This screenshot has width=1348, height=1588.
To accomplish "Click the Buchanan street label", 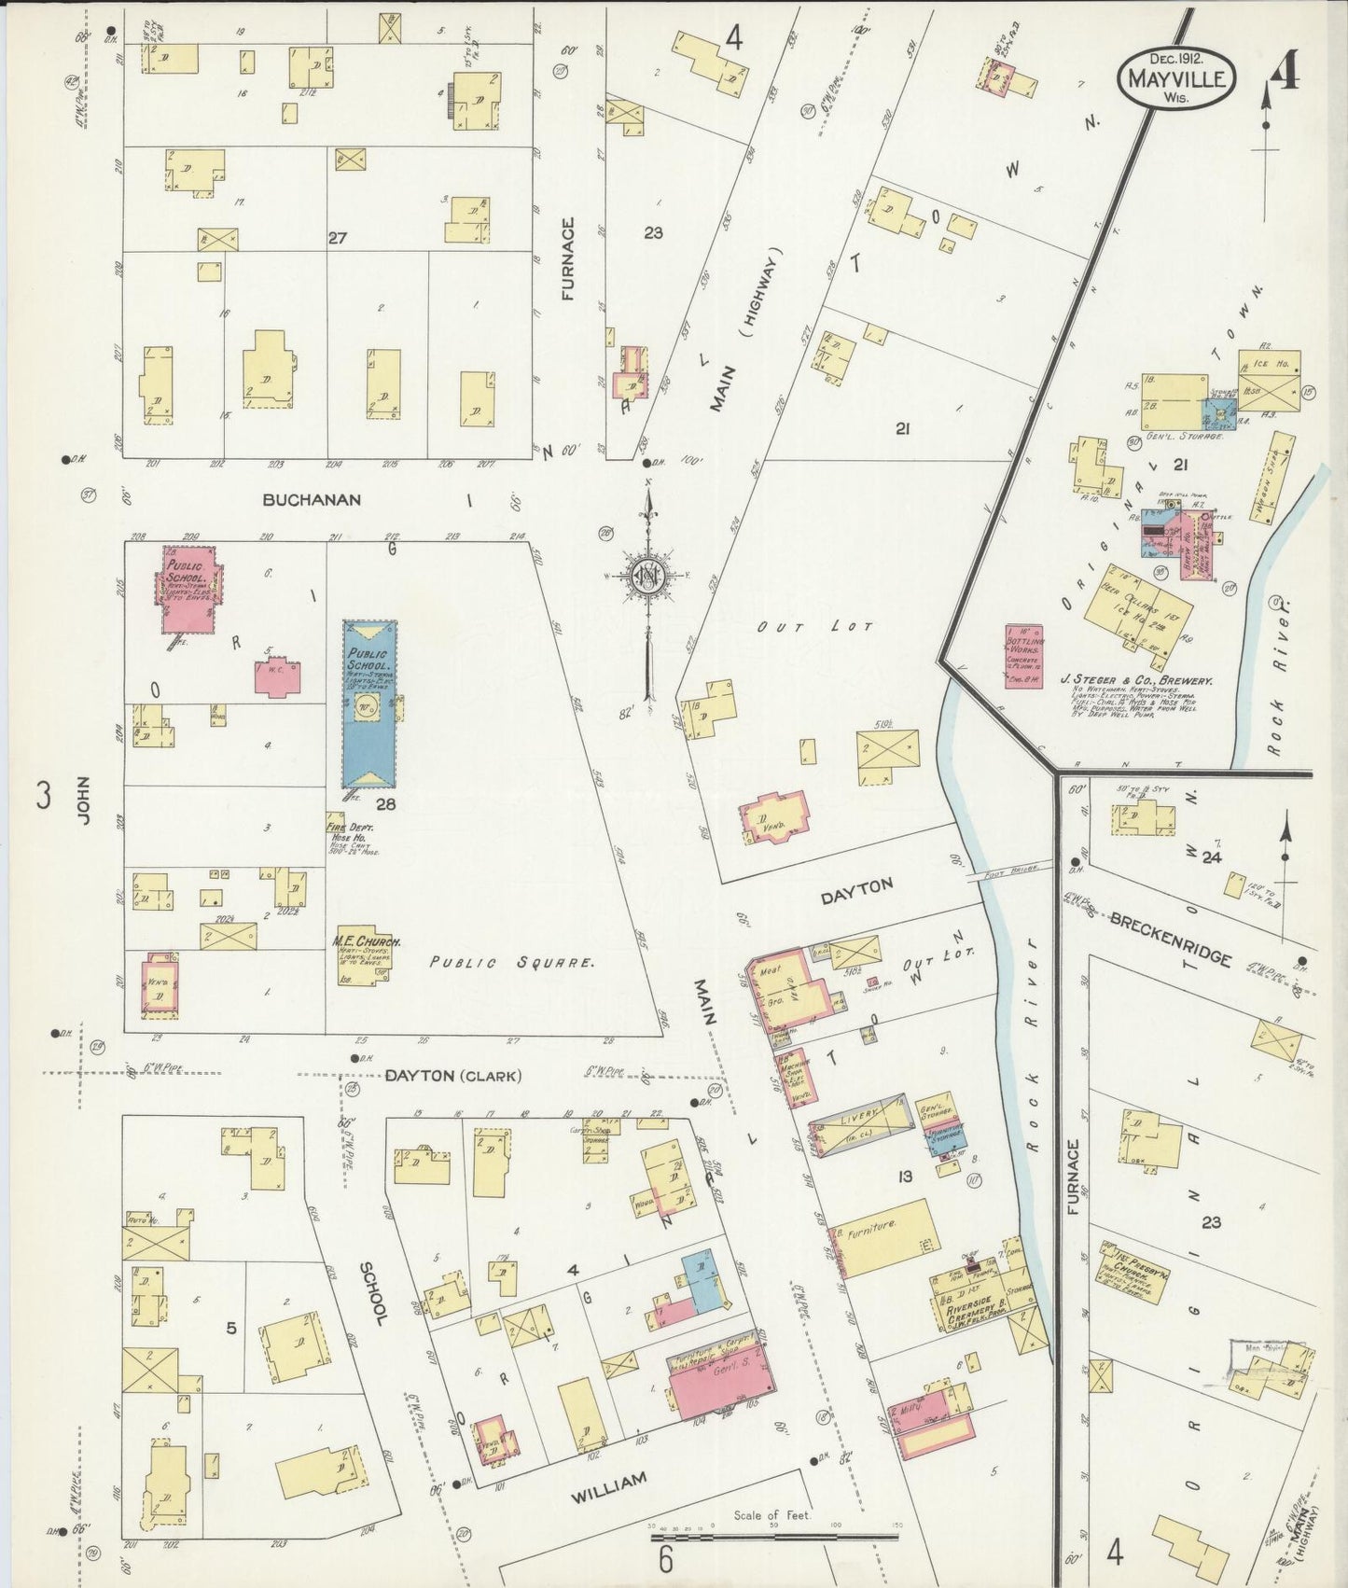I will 311,500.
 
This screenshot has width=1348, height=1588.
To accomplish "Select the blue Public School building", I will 369,704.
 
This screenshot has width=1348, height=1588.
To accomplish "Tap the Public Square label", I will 511,961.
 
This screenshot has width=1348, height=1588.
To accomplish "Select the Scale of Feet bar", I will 774,1535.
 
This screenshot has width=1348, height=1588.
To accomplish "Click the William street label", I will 607,1508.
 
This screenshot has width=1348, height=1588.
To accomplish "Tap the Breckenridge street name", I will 1171,939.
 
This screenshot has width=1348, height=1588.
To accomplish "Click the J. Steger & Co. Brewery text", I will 1135,681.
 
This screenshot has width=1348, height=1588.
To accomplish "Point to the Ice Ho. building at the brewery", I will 1269,381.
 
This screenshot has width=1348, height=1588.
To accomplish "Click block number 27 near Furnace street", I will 337,238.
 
